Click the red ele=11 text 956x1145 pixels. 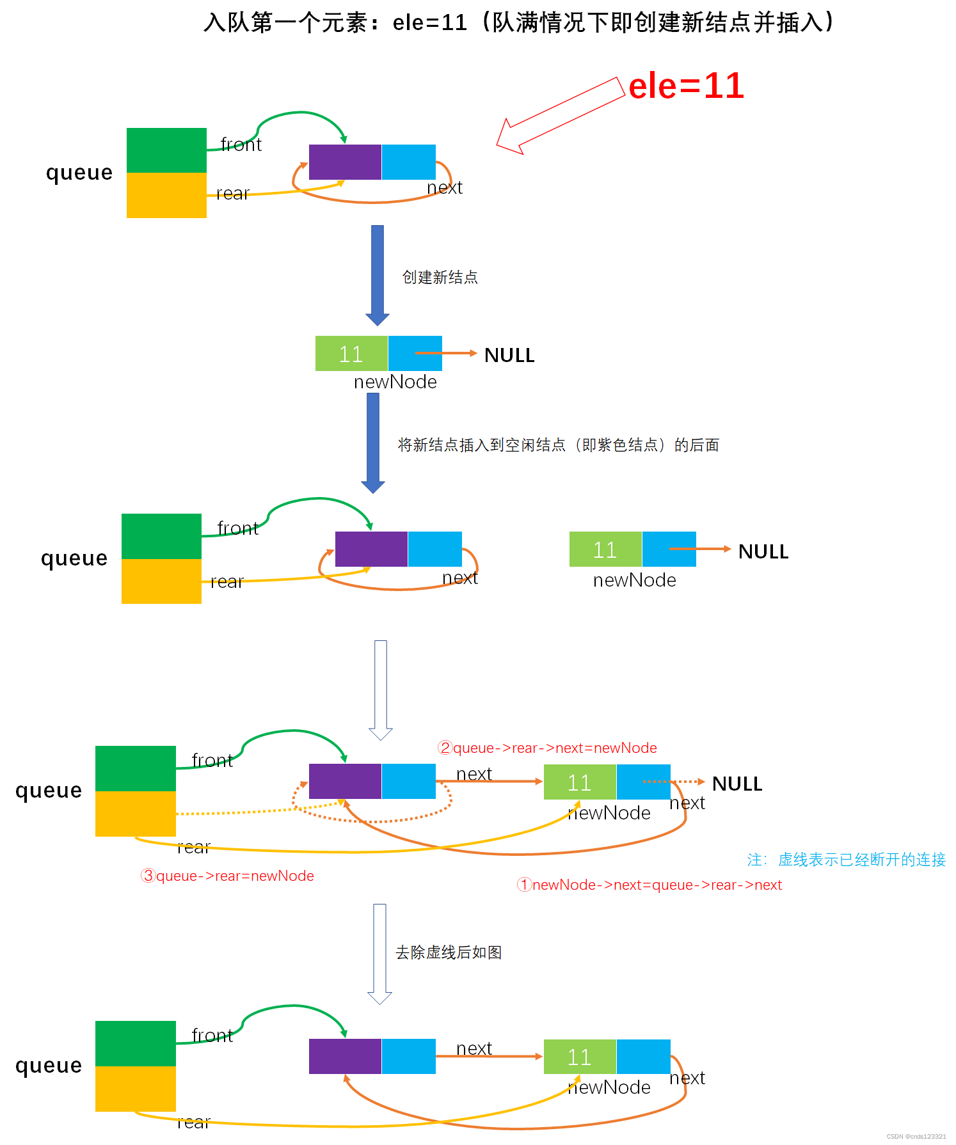coord(686,86)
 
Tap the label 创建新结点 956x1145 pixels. coord(440,277)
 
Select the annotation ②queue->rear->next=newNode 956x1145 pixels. coord(547,748)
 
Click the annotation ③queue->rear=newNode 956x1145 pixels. coord(227,876)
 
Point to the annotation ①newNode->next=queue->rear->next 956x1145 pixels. coord(649,885)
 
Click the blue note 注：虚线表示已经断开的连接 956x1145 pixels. coord(846,860)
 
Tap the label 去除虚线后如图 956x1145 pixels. coord(448,952)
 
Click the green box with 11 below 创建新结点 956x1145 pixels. coord(351,354)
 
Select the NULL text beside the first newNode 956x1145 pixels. coord(509,355)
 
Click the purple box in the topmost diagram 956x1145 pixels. coord(345,162)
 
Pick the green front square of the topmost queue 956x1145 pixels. coord(166,150)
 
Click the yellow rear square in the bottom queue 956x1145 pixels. coord(135,1088)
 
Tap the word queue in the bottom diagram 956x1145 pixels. coord(49,1066)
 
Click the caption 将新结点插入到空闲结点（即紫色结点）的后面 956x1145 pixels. coord(558,445)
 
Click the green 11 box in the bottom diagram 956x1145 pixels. coord(580,1057)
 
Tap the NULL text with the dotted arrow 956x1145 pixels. coord(737,784)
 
